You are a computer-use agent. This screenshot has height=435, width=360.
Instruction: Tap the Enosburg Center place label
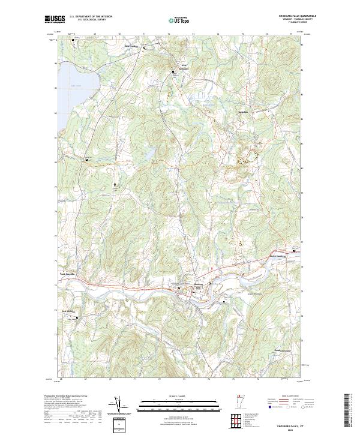click(282, 350)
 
